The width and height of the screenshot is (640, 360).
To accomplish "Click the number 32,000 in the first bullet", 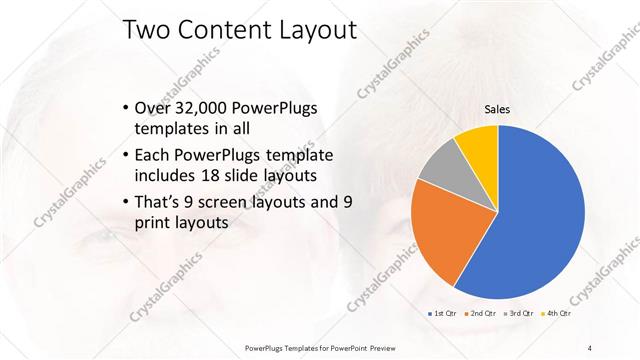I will tap(199, 108).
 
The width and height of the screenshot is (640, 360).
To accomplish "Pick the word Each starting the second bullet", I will tap(152, 155).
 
